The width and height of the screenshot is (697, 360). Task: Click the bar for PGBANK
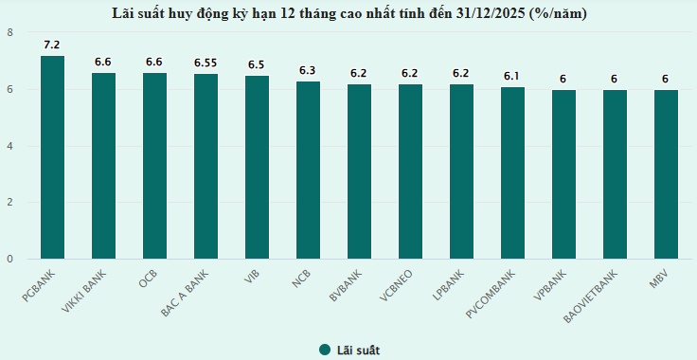[x=52, y=157]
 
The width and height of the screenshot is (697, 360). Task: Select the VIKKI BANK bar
[x=103, y=166]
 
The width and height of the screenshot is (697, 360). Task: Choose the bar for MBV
[x=666, y=174]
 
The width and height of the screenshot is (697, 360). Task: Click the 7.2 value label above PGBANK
[x=52, y=45]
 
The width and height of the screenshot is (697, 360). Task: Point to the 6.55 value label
[x=206, y=63]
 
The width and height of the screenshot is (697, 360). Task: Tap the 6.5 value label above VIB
[x=257, y=64]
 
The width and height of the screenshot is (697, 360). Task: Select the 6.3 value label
[x=308, y=70]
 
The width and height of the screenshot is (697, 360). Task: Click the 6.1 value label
[x=512, y=76]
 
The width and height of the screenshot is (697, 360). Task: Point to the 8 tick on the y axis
[x=9, y=33]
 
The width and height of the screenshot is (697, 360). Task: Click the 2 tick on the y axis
[x=9, y=203]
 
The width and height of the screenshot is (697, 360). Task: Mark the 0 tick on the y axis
[x=9, y=259]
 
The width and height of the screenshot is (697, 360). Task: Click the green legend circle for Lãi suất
[x=324, y=350]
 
